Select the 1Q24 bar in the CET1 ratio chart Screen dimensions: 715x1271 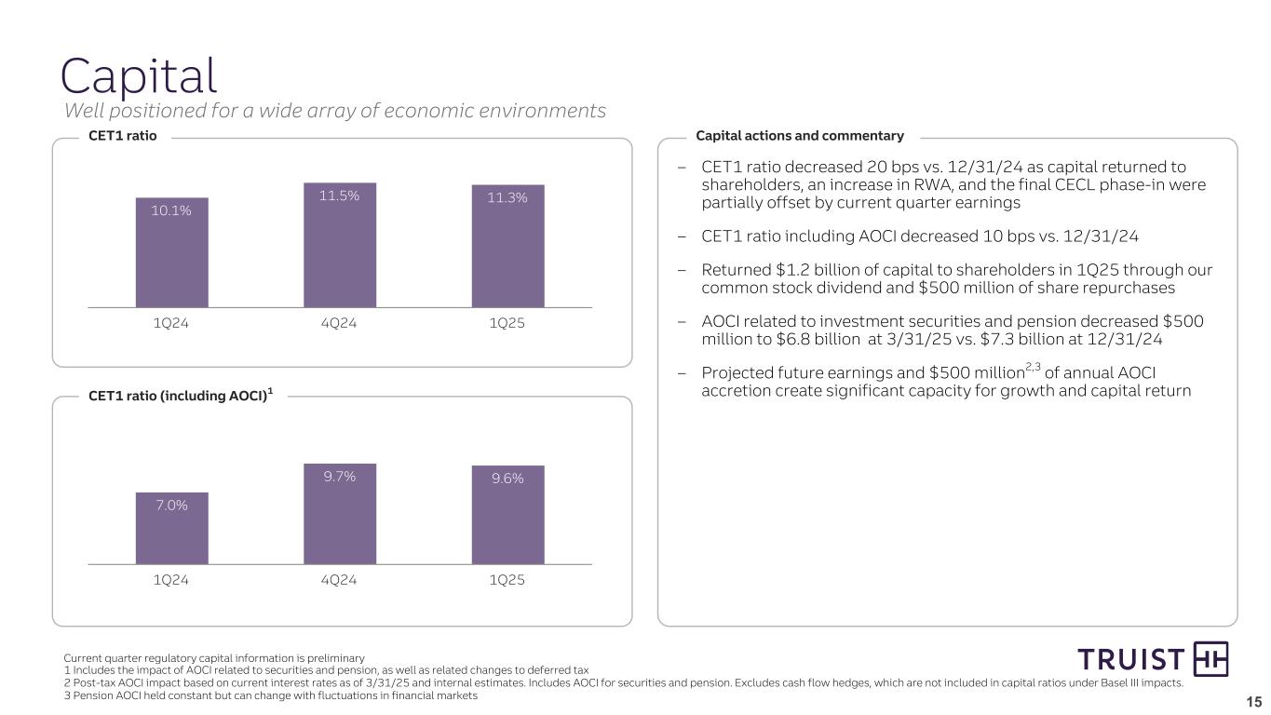pos(171,252)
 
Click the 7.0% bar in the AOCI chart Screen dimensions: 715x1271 pos(171,528)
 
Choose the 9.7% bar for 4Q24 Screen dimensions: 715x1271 pos(340,514)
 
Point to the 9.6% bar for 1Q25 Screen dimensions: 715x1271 pos(507,515)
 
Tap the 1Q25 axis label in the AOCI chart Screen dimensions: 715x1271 pos(507,580)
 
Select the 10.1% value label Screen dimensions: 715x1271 pos(171,210)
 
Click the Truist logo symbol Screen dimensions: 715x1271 pos(1210,659)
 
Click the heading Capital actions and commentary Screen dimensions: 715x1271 pos(800,136)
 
